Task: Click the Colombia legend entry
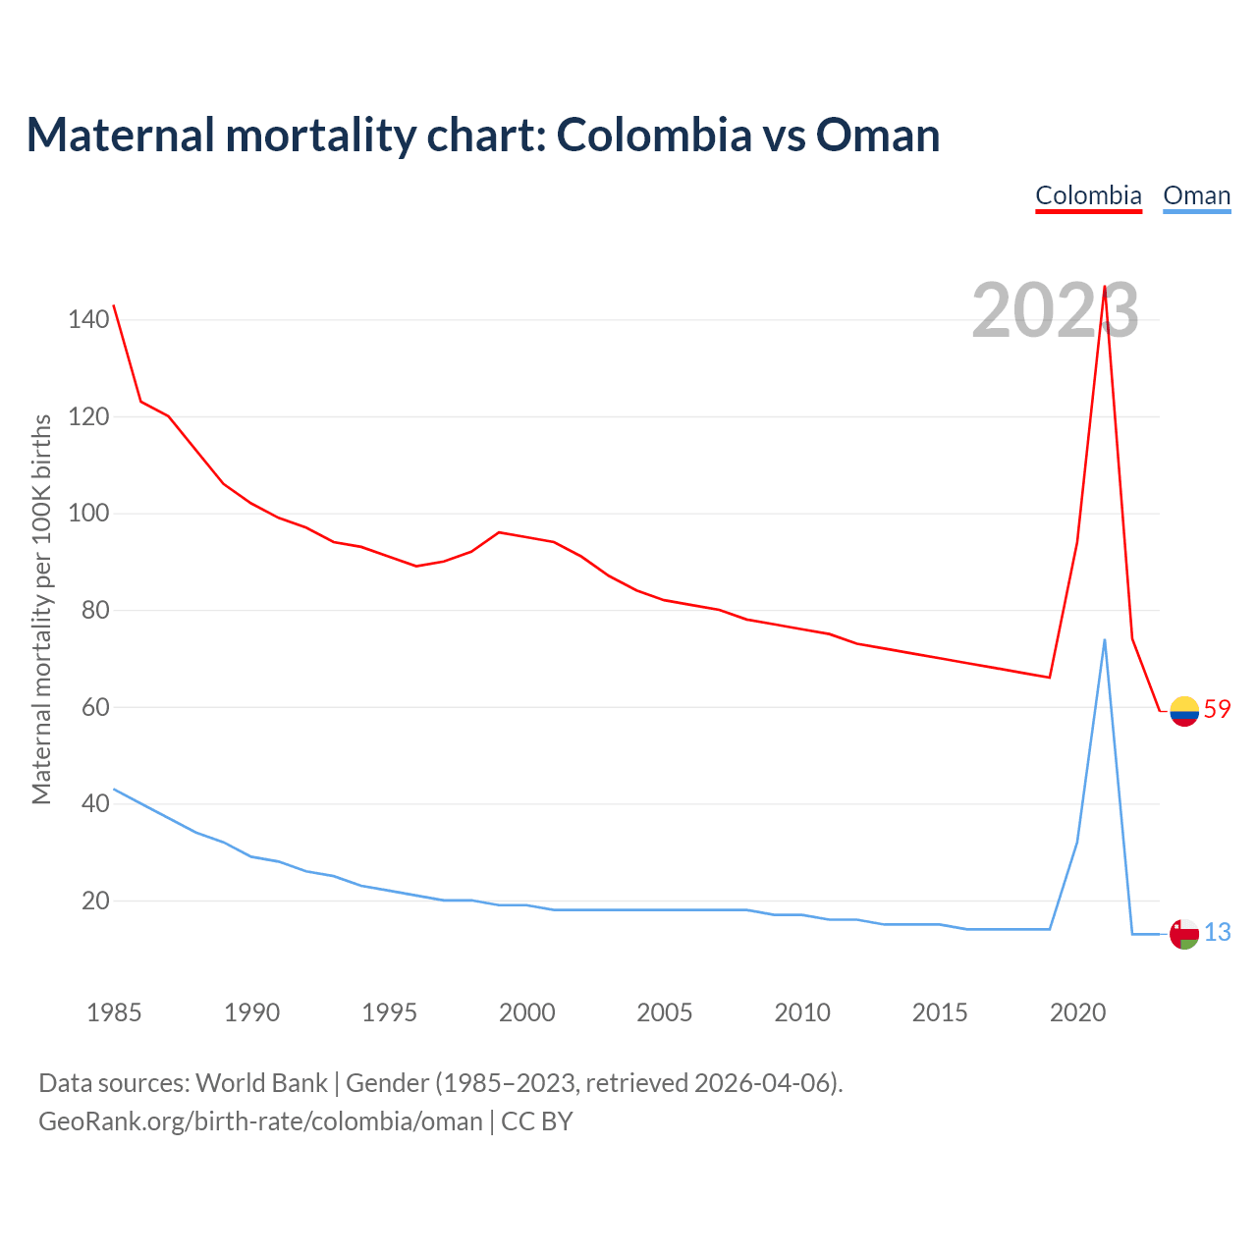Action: click(1088, 195)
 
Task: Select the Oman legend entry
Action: click(1196, 195)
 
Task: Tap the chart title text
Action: click(482, 135)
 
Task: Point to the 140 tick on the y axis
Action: click(88, 319)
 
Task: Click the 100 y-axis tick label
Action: click(88, 514)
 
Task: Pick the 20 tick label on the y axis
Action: click(95, 901)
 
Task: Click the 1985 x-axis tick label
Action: click(114, 1012)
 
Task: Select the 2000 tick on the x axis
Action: click(527, 1012)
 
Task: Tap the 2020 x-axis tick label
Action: click(1077, 1012)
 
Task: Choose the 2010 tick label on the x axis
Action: click(802, 1012)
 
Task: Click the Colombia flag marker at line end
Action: click(1184, 710)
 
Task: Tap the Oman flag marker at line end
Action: click(1184, 934)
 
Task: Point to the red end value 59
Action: click(1217, 709)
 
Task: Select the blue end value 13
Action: click(1217, 932)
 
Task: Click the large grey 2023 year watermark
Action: click(1055, 310)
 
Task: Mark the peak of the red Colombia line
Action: click(1105, 287)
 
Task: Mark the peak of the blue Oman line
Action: click(1105, 639)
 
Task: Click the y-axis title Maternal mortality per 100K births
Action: click(41, 609)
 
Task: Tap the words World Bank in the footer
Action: click(261, 1082)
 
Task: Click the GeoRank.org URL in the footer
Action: click(260, 1120)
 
